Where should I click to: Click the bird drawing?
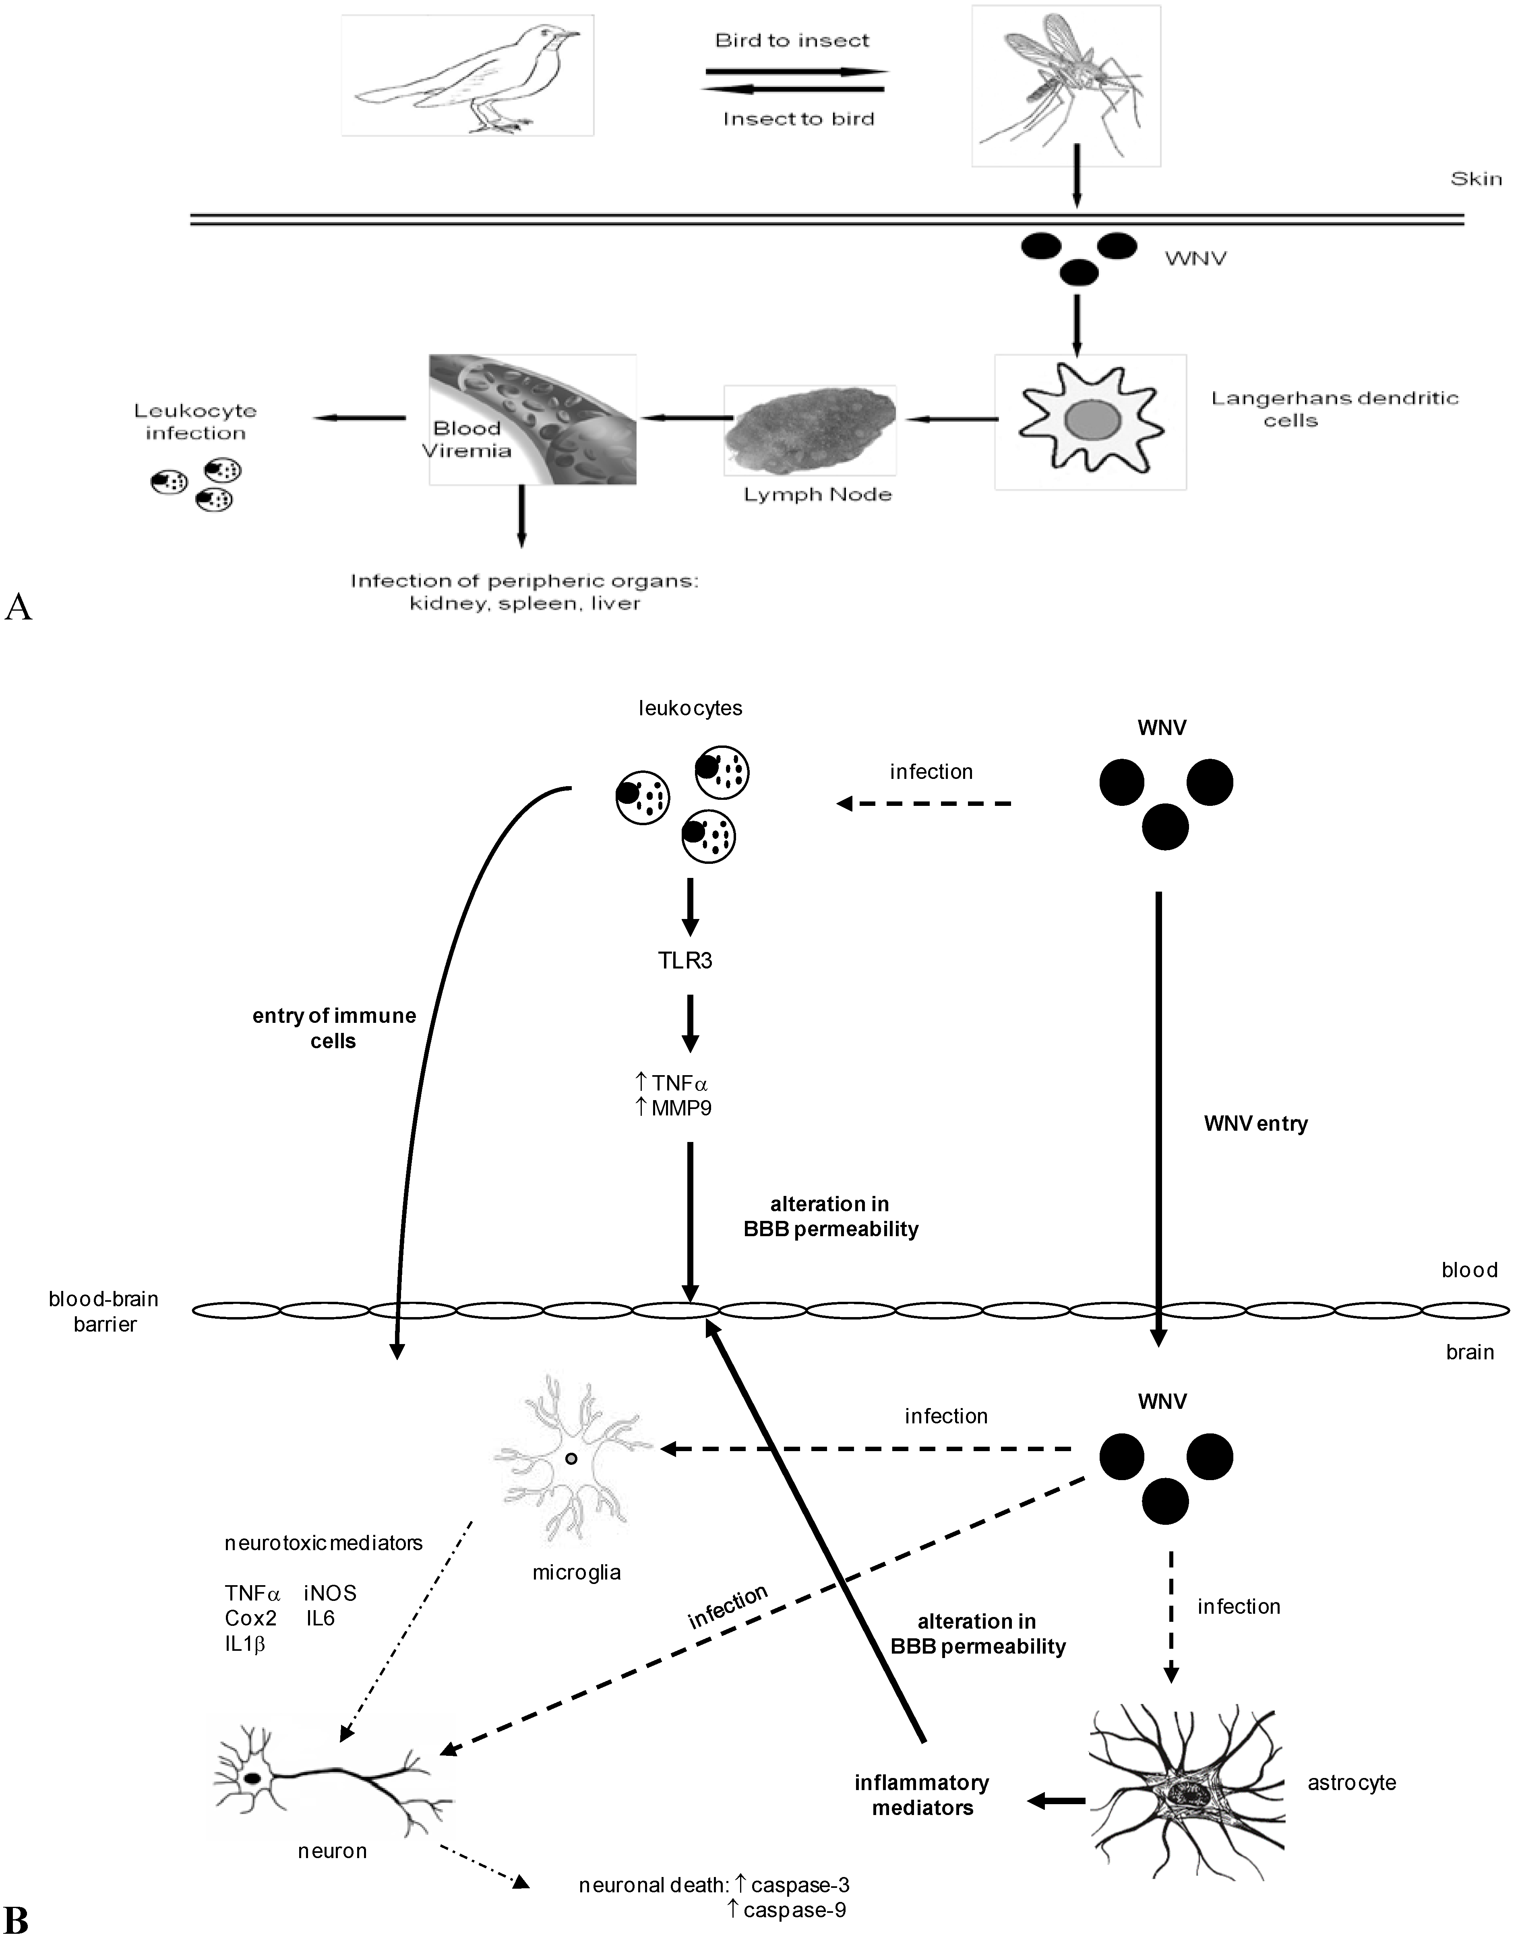(x=467, y=76)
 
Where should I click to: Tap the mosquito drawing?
(x=1065, y=86)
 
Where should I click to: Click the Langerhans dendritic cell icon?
(x=1090, y=421)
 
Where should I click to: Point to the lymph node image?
(x=810, y=430)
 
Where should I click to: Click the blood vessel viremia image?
(x=532, y=420)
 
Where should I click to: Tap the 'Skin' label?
(x=1475, y=179)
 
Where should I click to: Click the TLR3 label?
(x=685, y=960)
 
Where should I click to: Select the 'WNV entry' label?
(x=1255, y=1123)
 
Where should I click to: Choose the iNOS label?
(x=330, y=1593)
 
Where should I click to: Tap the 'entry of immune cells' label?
(x=334, y=1028)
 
